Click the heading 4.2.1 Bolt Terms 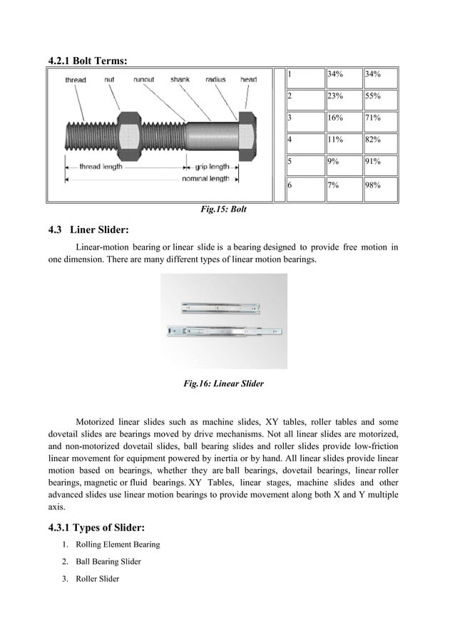pyautogui.click(x=88, y=61)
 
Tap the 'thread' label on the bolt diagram pyautogui.click(x=76, y=81)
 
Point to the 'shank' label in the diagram pyautogui.click(x=180, y=80)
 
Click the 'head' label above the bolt pyautogui.click(x=248, y=80)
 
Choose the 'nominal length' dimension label pyautogui.click(x=205, y=179)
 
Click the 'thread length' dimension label pyautogui.click(x=100, y=167)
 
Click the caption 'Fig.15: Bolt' pyautogui.click(x=224, y=210)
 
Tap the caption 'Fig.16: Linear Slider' pyautogui.click(x=223, y=384)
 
